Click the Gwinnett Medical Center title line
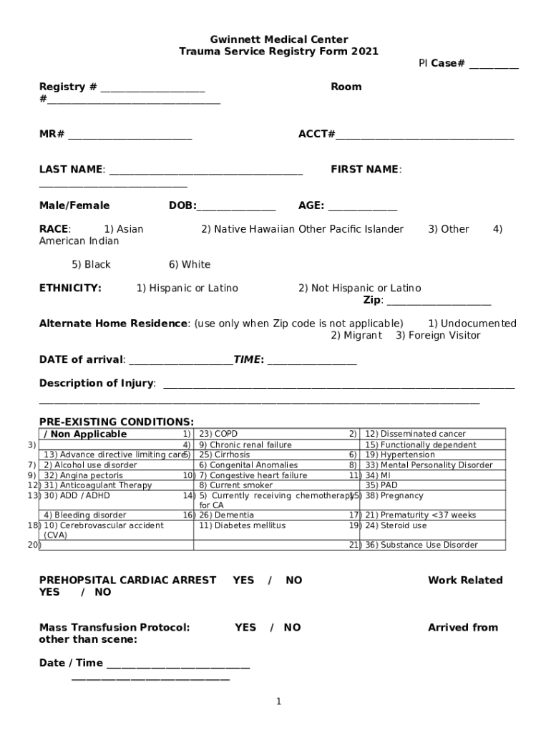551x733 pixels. coord(278,39)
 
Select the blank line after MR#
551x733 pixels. coord(130,135)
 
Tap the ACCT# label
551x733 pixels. coord(316,134)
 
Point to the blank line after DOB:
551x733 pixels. coord(236,207)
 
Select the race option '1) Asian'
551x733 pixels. coord(124,229)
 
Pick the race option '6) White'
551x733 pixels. coord(190,265)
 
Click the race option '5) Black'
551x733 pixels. coord(92,265)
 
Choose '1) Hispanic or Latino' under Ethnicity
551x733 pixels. coord(187,288)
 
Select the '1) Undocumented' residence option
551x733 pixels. coord(472,324)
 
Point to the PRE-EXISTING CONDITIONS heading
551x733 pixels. coord(117,422)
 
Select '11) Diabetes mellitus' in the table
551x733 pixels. coord(243,525)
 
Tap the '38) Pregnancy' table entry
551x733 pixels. coord(394,495)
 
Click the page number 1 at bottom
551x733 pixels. coord(279,702)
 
